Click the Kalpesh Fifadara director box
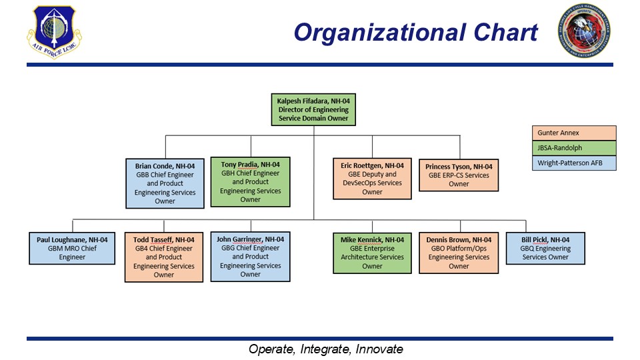tap(313, 109)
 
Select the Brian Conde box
tap(165, 183)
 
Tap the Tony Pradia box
tap(251, 181)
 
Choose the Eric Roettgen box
tap(372, 179)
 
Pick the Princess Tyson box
tap(459, 175)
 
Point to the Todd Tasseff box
tap(164, 257)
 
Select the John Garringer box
tap(251, 256)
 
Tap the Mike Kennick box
tap(372, 252)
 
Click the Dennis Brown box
tap(459, 252)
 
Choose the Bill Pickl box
tap(545, 247)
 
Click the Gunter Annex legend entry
tap(574, 133)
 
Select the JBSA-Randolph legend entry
tap(574, 148)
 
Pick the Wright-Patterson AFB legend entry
tap(574, 163)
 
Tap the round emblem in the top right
tap(586, 30)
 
